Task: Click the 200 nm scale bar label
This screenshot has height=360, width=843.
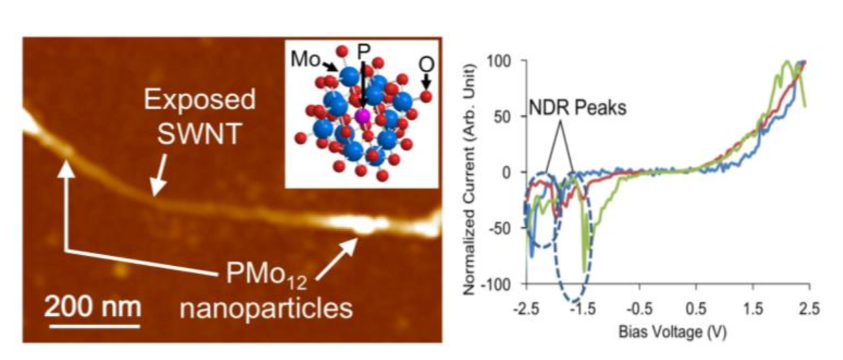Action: pyautogui.click(x=92, y=303)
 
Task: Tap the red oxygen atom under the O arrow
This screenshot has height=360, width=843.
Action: pyautogui.click(x=426, y=97)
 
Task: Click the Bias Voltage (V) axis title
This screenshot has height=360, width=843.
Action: pyautogui.click(x=668, y=332)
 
